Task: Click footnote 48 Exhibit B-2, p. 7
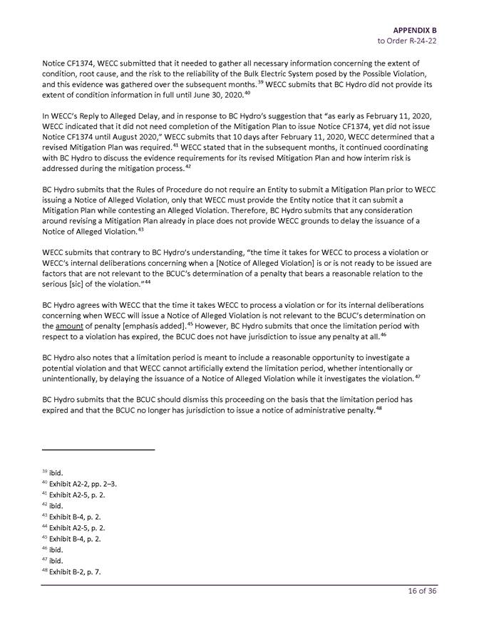click(71, 572)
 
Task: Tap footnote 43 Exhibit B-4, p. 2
click(71, 517)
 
